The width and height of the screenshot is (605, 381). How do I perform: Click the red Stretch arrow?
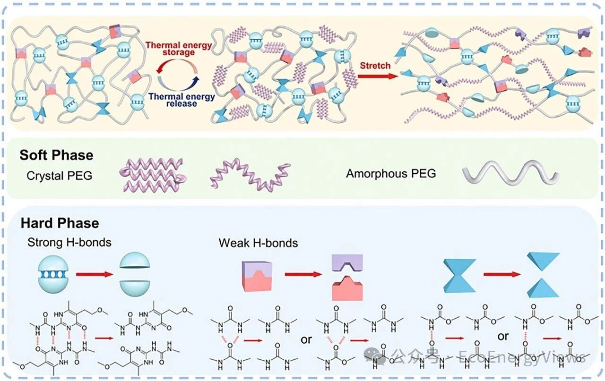coord(376,75)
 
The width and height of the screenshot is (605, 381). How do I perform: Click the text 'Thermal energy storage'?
coord(179,48)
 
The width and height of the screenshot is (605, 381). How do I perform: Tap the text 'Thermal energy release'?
coord(181,100)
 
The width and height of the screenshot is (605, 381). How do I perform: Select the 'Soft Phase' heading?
coord(56,155)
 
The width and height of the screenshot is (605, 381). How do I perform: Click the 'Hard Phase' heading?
coord(60,223)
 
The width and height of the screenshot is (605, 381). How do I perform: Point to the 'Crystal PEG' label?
coord(59,176)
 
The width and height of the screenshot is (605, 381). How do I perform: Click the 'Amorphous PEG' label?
coord(391,173)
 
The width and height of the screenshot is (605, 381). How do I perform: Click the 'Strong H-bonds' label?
coord(69,243)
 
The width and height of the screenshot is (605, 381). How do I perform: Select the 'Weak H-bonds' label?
coord(258,243)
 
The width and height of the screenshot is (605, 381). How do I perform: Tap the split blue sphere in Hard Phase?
coord(136,273)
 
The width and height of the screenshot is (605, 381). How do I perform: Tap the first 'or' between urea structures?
coord(306,339)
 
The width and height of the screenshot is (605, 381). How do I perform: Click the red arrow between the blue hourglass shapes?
coord(499,273)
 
